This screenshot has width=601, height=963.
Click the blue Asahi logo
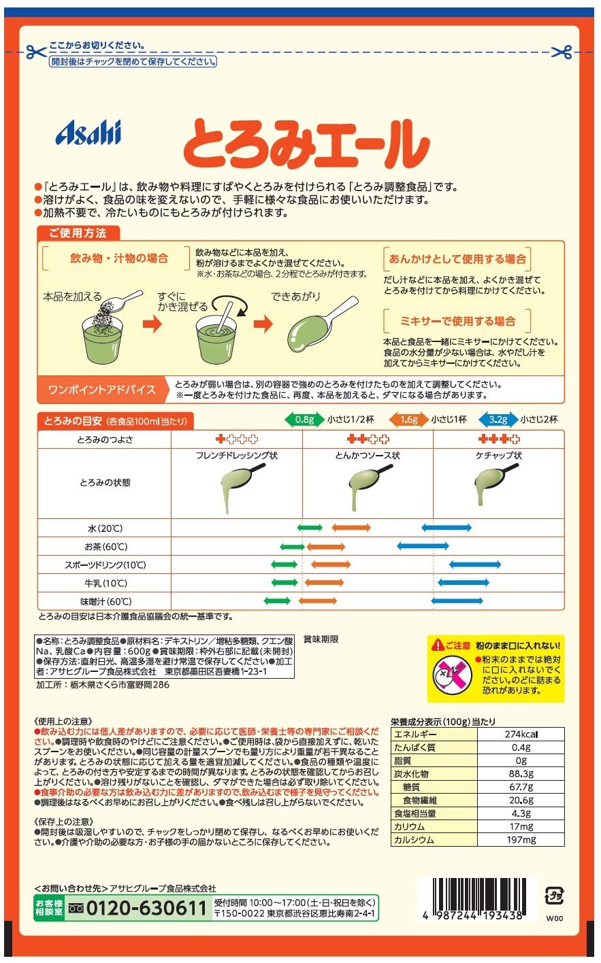pyautogui.click(x=88, y=132)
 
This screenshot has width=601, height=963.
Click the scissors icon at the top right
pyautogui.click(x=562, y=52)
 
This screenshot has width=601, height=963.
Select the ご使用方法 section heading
pyautogui.click(x=78, y=233)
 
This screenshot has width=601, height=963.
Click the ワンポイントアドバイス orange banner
pyautogui.click(x=101, y=390)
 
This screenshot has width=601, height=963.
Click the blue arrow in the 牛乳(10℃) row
pyautogui.click(x=464, y=583)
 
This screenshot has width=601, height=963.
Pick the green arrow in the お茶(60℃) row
pyautogui.click(x=293, y=547)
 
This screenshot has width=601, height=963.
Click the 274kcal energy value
pyautogui.click(x=521, y=734)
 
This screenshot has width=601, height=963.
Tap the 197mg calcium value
pyautogui.click(x=521, y=840)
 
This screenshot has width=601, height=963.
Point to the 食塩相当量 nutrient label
pyautogui.click(x=415, y=813)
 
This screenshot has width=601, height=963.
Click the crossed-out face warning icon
pyautogui.click(x=453, y=674)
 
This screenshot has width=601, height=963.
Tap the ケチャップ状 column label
pyautogui.click(x=499, y=456)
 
